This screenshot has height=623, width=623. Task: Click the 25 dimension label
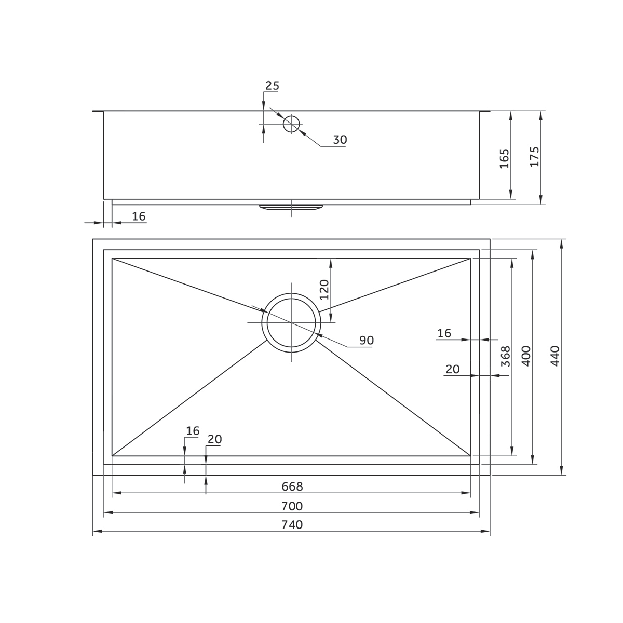[272, 86]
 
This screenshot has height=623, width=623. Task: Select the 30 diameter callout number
[340, 140]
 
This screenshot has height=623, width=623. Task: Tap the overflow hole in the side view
[291, 124]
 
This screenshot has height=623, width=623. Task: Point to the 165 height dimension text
[504, 158]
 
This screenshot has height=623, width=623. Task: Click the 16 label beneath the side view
[139, 216]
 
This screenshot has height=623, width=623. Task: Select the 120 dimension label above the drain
[324, 290]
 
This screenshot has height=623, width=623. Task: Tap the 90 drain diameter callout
[366, 340]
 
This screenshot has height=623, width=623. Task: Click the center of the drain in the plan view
[291, 323]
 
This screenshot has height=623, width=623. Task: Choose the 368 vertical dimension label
[505, 357]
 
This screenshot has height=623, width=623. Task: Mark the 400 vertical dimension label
[525, 357]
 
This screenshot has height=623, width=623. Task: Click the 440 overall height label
[555, 357]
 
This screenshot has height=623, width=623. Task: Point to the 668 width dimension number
[292, 486]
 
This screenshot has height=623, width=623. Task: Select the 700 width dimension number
[292, 506]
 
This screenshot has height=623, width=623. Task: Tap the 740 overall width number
[292, 525]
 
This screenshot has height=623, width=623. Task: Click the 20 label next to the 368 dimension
[453, 369]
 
